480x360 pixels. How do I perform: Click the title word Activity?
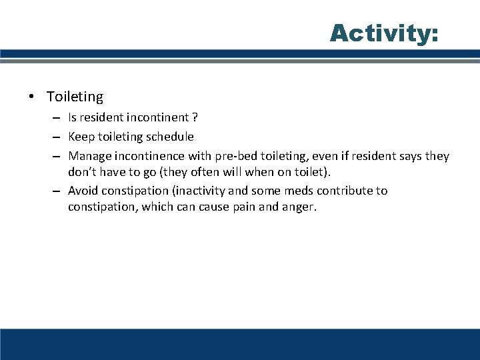coord(384,33)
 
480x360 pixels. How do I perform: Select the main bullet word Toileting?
coord(75,97)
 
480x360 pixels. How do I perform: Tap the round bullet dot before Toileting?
coord(32,97)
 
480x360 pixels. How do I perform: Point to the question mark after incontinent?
coord(195,117)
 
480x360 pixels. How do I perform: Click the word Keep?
coord(80,137)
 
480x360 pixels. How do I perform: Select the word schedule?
coord(170,137)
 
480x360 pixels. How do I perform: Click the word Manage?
coord(89,157)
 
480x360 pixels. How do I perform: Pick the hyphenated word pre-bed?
coord(235,157)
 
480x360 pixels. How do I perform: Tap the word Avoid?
coord(83,191)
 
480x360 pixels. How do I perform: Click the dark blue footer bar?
coord(240,343)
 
